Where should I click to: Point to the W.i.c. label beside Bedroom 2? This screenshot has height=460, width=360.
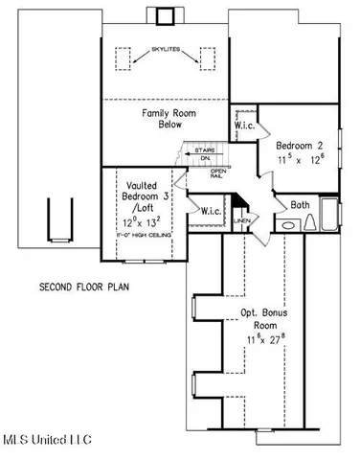(x=243, y=126)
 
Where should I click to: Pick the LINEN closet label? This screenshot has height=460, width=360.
(x=241, y=219)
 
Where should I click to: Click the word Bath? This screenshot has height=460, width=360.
(x=299, y=204)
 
